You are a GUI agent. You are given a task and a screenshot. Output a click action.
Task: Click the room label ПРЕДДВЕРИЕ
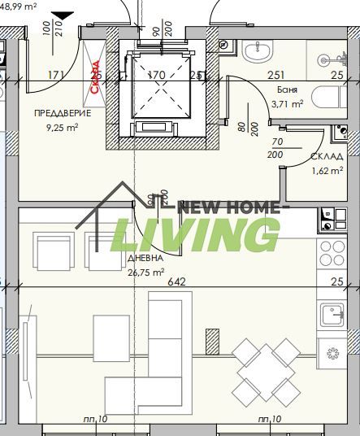(63, 113)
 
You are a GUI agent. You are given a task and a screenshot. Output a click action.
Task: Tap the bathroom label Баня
(286, 90)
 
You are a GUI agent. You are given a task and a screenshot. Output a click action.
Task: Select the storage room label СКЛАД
(327, 157)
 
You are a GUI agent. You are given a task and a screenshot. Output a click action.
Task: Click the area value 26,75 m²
(146, 272)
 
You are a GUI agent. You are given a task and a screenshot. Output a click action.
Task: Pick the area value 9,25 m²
(61, 127)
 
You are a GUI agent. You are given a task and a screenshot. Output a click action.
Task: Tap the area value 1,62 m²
(327, 172)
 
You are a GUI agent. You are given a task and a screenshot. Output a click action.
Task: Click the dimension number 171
(56, 76)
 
